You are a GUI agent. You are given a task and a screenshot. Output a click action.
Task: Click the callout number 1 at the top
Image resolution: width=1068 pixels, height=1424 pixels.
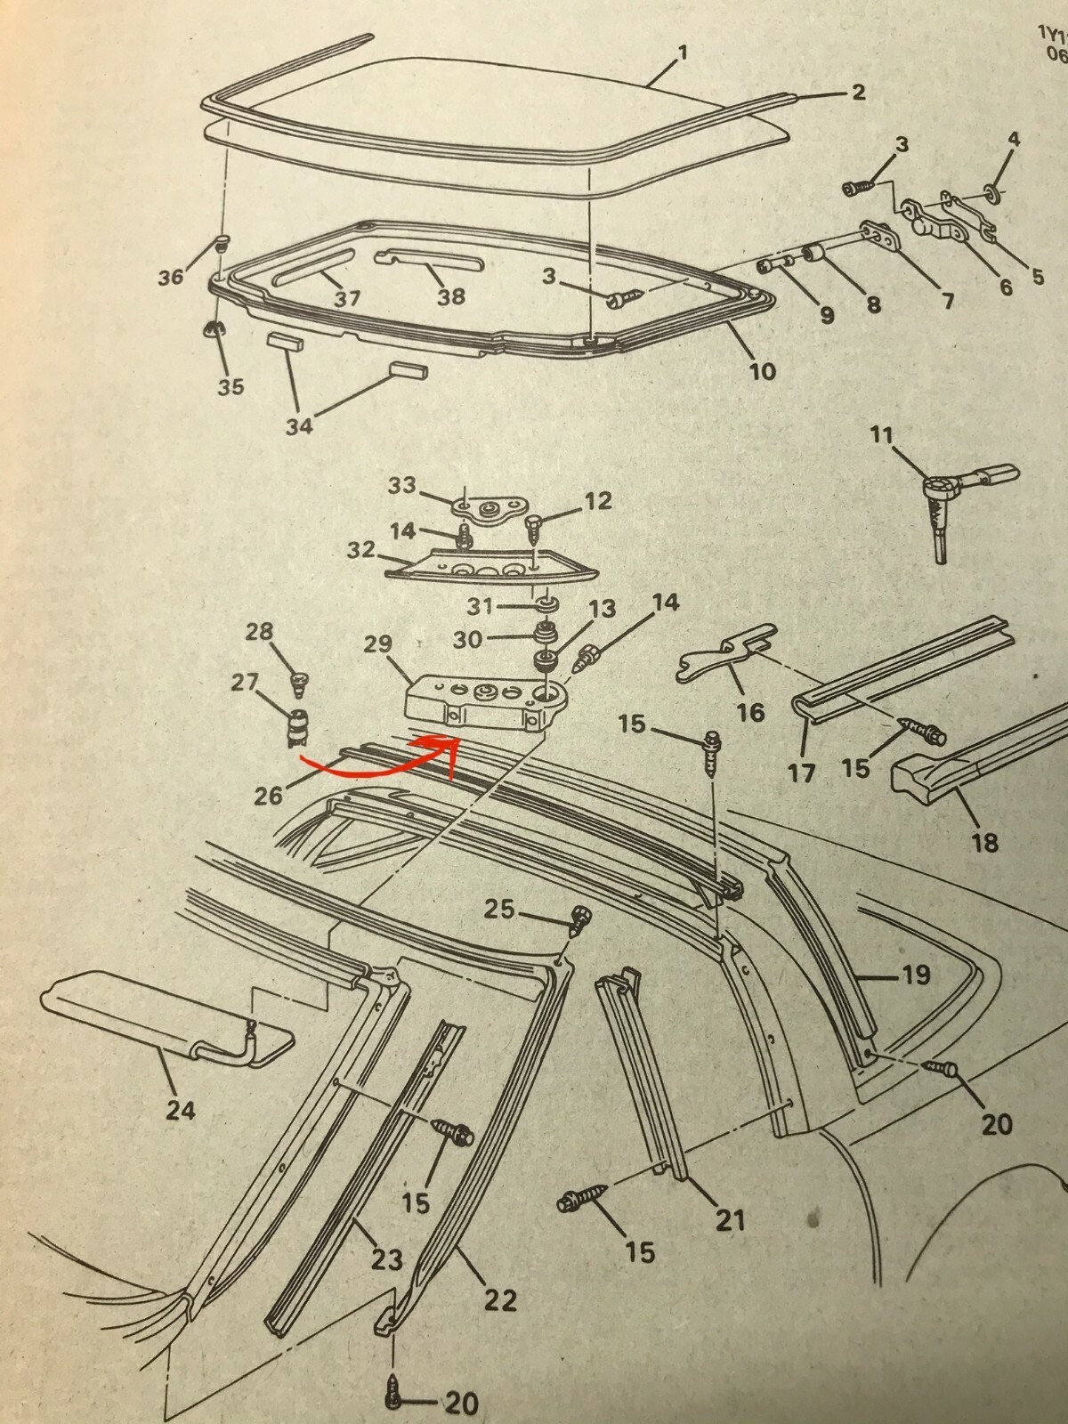(683, 53)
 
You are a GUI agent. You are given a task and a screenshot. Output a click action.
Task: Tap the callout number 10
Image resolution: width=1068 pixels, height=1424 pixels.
(762, 370)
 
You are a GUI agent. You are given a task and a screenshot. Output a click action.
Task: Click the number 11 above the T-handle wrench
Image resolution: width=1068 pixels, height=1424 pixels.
(881, 436)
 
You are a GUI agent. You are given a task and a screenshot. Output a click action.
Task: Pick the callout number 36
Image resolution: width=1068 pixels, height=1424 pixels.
(170, 277)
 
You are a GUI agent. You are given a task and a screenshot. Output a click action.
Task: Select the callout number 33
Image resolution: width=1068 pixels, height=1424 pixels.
(402, 486)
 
